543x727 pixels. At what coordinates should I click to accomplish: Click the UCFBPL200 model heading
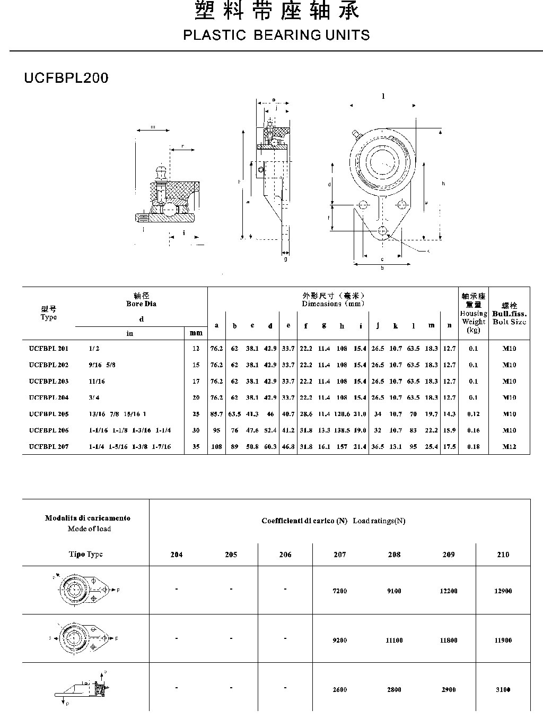point(66,78)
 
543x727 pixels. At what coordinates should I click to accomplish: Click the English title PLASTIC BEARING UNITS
point(276,36)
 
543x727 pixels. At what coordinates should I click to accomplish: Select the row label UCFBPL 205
point(49,414)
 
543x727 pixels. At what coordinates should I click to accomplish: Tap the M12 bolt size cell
point(509,447)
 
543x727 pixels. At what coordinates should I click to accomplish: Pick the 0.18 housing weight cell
point(474,447)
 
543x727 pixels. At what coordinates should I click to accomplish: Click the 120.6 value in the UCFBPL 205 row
point(342,414)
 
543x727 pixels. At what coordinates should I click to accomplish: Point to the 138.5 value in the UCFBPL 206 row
point(342,430)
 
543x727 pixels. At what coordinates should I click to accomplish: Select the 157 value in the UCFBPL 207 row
point(342,447)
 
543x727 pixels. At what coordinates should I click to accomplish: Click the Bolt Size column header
point(509,322)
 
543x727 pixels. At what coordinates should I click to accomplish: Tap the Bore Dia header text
point(141,304)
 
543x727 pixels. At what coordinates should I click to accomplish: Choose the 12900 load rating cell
point(503,591)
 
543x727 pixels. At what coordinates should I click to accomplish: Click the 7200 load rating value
point(339,591)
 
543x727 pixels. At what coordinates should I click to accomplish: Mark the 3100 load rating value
point(503,690)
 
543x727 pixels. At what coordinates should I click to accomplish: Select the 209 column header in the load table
point(449,555)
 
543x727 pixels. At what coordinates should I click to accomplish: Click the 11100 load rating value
point(394,641)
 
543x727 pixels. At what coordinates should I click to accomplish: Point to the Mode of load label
point(89,529)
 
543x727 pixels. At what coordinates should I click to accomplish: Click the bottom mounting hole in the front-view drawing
point(383,230)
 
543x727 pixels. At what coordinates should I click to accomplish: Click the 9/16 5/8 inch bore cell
point(102,365)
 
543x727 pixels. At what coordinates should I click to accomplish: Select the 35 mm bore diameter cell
point(196,447)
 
